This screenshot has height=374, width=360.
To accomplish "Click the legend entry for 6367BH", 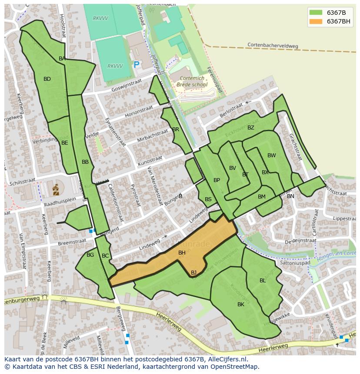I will pos(339,21).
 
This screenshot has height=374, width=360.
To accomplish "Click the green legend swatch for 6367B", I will pos(316,13).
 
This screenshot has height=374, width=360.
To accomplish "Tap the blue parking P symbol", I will pos(137,65).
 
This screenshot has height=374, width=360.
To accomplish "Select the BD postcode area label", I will pos(47,79).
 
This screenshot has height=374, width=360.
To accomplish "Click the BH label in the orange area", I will pos(182,252).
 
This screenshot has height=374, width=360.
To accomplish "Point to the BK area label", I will pos(241,304).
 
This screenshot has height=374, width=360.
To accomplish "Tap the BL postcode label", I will pos(263,281).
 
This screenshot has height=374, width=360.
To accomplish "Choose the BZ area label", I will pos(251,128).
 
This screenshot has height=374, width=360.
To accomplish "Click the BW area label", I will pos(271,156).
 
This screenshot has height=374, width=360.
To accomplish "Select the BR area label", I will pos(176,129).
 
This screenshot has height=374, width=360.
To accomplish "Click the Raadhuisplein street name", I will pos(60,200).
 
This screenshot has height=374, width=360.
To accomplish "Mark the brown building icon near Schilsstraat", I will pos(56,189).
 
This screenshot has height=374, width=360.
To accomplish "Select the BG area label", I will pos(90,255).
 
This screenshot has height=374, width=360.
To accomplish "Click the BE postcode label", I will pos(64,142).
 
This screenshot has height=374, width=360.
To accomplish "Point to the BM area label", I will pos(261,197).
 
